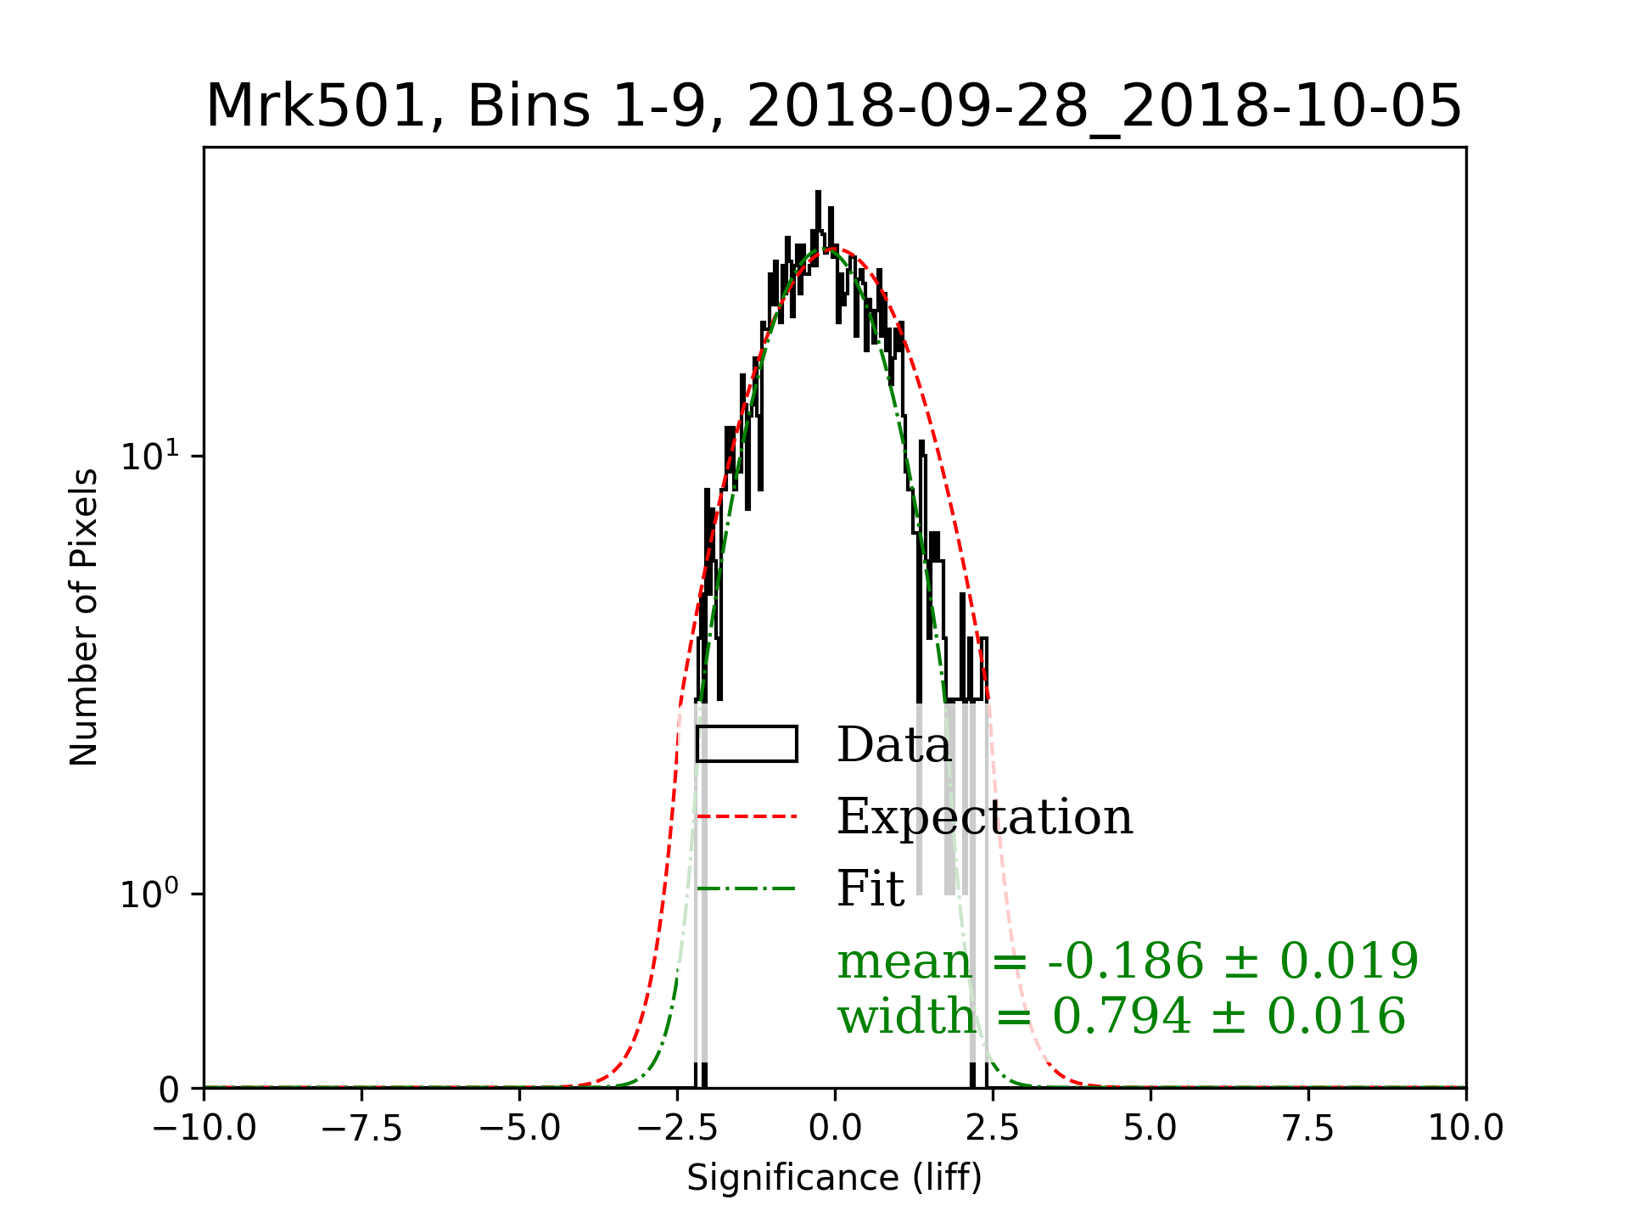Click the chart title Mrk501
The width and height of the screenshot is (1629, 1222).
tap(833, 106)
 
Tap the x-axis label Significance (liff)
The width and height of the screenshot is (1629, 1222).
tap(834, 1178)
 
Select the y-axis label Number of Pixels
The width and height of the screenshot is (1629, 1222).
tap(84, 617)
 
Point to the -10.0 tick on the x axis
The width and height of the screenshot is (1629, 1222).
tap(204, 1128)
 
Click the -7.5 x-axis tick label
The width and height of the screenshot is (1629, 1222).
tap(362, 1128)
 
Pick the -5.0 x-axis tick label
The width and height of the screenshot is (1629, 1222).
tap(519, 1128)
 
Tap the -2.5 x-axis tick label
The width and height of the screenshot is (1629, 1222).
tap(677, 1128)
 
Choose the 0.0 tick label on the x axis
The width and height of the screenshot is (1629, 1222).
tap(835, 1128)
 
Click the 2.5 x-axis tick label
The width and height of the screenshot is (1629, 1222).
tap(993, 1128)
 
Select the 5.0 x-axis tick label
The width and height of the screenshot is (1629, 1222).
tap(1150, 1128)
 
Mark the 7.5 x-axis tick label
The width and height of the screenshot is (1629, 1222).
tap(1308, 1128)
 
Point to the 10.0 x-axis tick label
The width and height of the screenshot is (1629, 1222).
tap(1465, 1128)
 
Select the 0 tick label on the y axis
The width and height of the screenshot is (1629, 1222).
tap(170, 1090)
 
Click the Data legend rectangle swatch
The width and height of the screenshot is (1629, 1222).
tap(747, 744)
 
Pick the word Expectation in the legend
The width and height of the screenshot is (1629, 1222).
tap(984, 816)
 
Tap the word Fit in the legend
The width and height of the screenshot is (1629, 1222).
tap(870, 888)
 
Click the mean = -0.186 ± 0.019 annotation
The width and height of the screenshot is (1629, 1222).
tap(1128, 961)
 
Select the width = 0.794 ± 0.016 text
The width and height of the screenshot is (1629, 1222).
tap(1122, 1016)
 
